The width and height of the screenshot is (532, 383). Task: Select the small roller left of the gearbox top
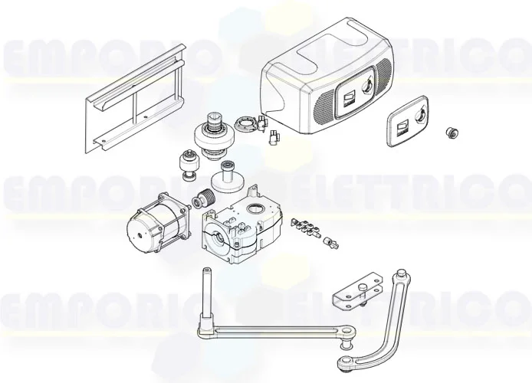186,165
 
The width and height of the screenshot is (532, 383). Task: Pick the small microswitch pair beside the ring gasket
269,130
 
